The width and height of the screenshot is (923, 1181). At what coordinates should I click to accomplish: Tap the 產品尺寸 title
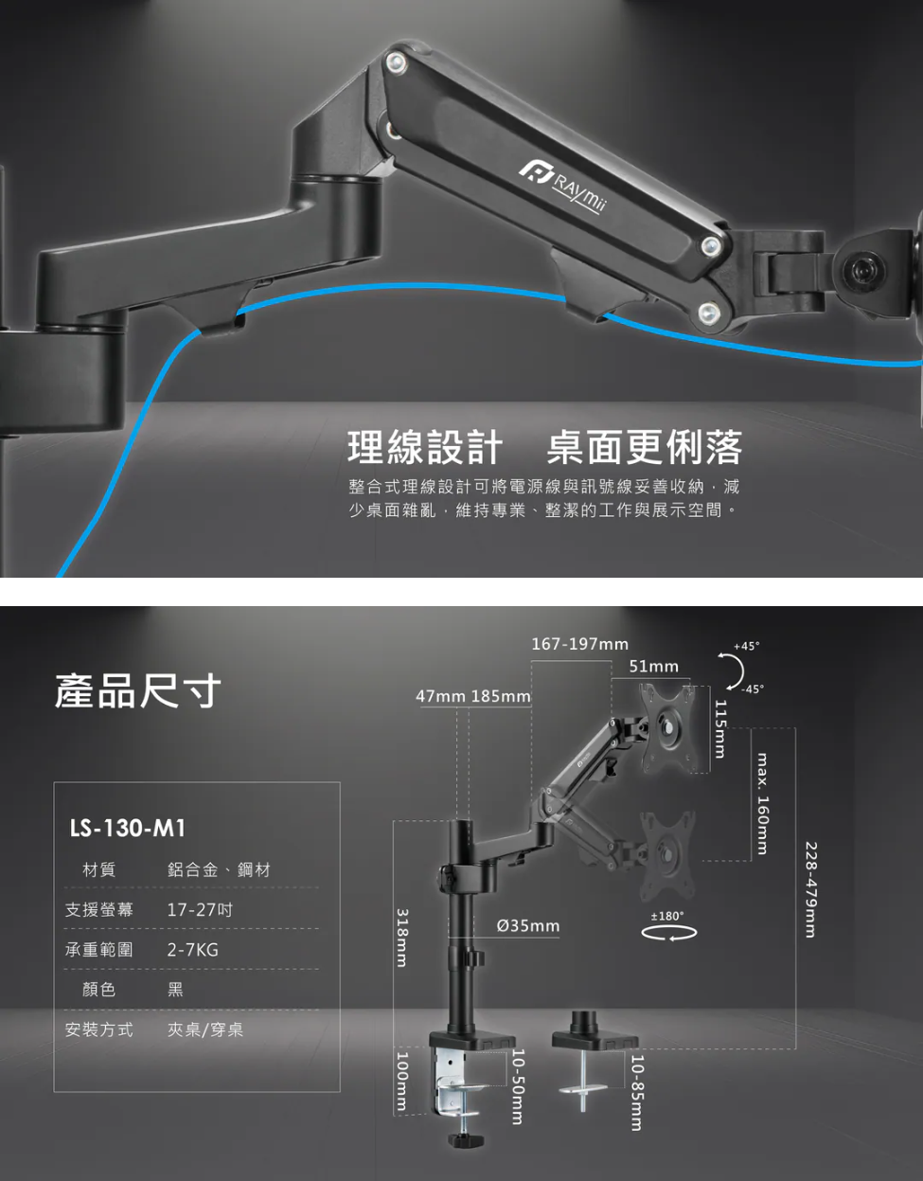click(x=138, y=690)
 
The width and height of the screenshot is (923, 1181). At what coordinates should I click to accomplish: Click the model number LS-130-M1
click(x=128, y=829)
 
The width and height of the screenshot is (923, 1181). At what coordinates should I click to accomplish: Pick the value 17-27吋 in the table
click(x=200, y=910)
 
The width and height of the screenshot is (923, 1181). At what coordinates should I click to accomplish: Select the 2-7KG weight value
click(x=192, y=950)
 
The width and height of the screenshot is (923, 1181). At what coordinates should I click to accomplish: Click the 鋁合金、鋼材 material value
click(x=219, y=869)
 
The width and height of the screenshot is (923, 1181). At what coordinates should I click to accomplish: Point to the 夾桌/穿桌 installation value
click(x=205, y=1029)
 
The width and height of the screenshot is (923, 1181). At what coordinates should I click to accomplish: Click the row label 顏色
click(x=99, y=990)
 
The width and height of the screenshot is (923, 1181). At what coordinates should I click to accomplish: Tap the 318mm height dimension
click(x=402, y=938)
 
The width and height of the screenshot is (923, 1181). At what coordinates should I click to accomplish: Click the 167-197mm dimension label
click(x=579, y=645)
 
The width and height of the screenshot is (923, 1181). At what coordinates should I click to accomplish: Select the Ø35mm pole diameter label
click(x=528, y=925)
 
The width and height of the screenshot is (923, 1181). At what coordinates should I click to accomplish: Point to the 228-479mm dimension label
click(x=810, y=889)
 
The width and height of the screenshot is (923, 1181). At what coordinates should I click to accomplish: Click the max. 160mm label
click(x=762, y=803)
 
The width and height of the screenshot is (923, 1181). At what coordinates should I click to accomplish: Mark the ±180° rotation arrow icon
click(x=668, y=933)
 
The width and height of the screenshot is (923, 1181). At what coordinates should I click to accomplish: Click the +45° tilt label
click(x=746, y=646)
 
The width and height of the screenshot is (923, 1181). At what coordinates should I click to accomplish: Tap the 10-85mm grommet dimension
click(x=637, y=1092)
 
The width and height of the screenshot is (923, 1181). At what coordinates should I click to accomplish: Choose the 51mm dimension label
click(x=654, y=667)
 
